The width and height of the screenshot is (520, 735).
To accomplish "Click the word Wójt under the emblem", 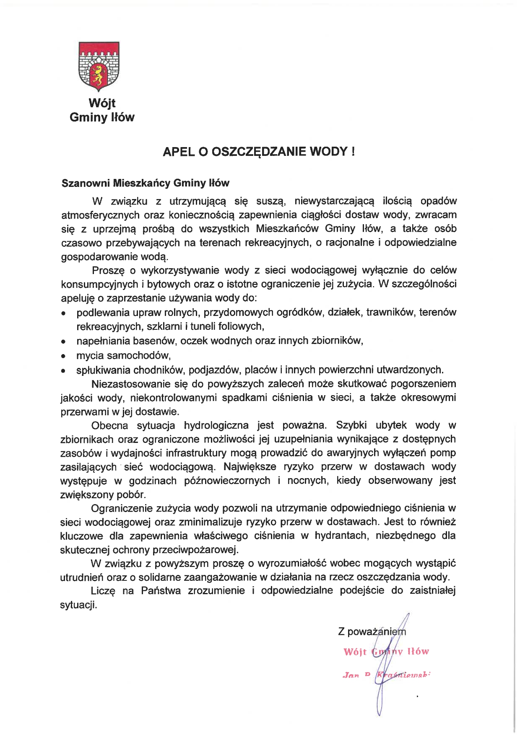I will [102, 103].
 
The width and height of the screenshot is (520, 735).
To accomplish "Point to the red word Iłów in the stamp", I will [417, 652].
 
